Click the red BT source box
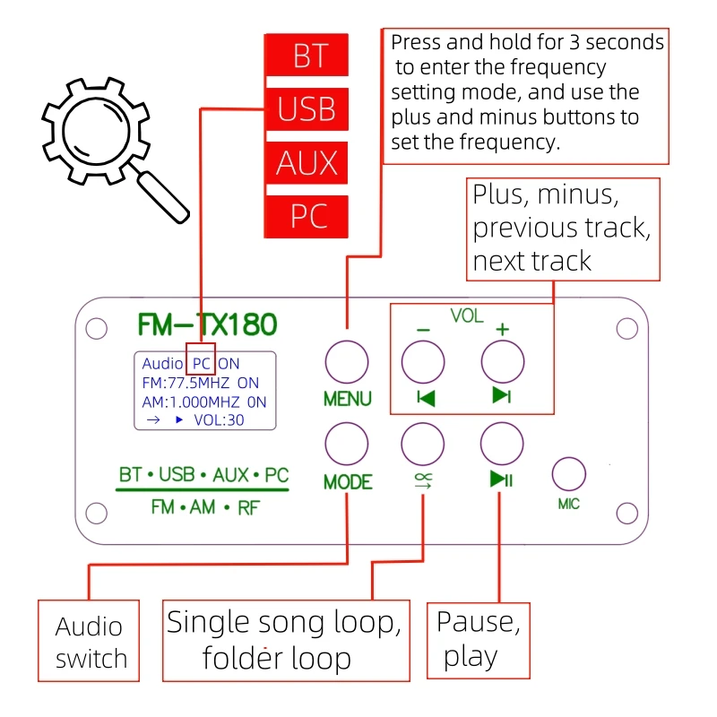point(307,57)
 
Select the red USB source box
point(307,109)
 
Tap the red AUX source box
point(307,163)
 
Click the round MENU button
point(347,363)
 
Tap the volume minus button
point(423,363)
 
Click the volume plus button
point(502,363)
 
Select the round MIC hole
point(568,474)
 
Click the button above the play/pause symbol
point(502,443)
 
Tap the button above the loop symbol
point(423,443)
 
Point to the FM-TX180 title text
point(207,324)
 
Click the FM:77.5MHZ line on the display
point(200,383)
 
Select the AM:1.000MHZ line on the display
point(203,402)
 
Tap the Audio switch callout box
point(89,643)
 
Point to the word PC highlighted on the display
point(201,364)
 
